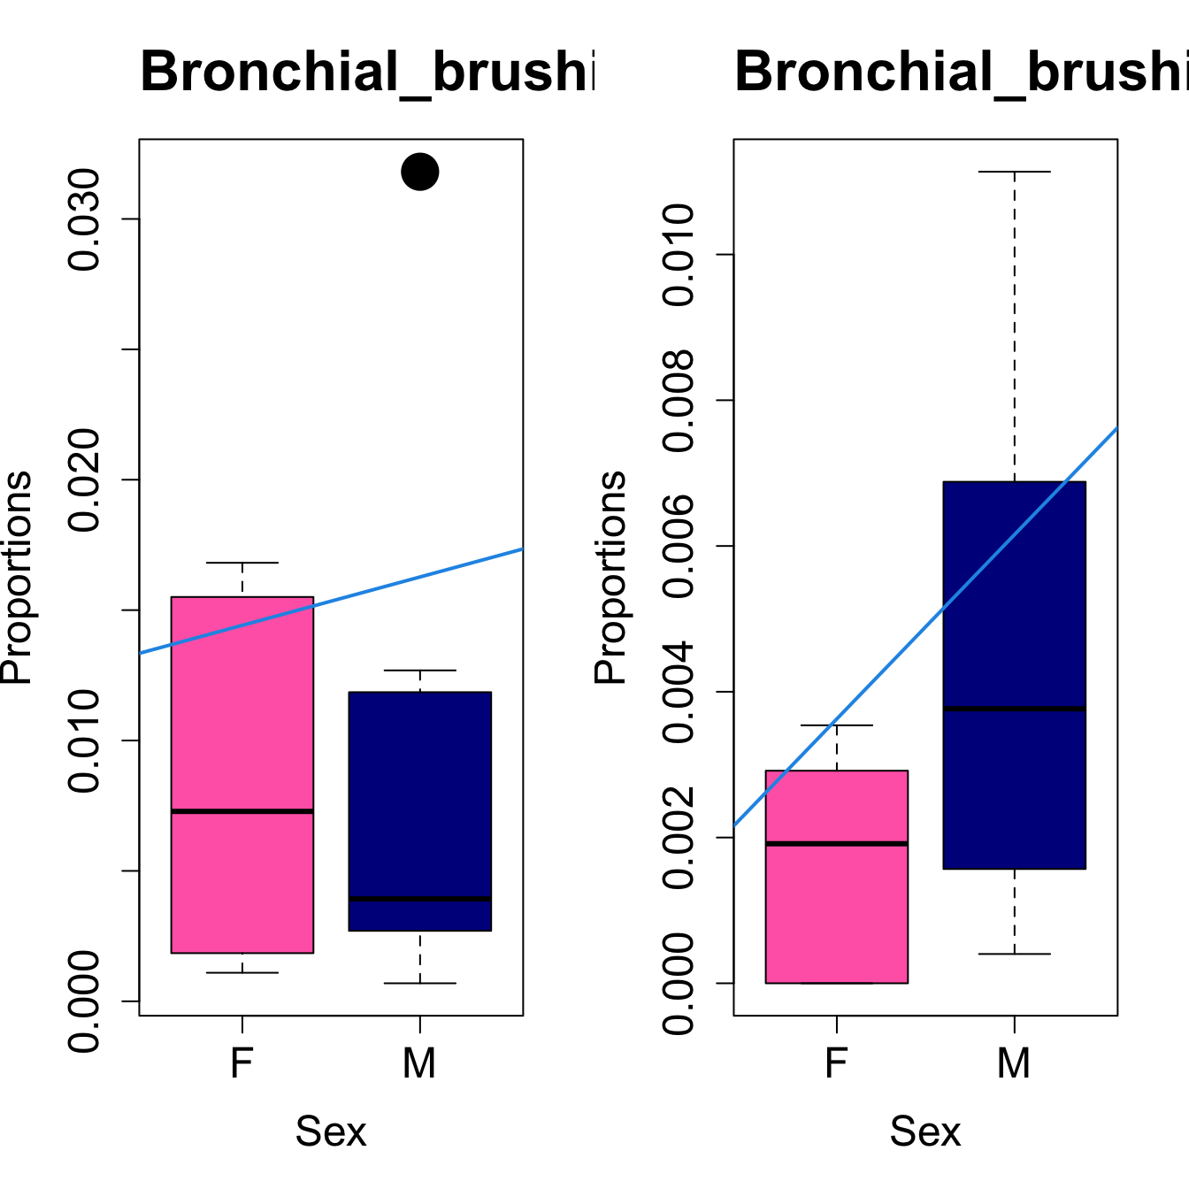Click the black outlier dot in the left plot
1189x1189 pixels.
(x=419, y=172)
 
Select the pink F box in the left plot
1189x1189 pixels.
(x=242, y=708)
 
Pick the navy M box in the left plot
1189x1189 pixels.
(x=419, y=796)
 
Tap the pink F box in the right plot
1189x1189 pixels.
(x=836, y=911)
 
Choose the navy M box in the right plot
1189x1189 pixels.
(x=1014, y=602)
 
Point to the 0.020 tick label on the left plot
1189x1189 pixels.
(x=85, y=479)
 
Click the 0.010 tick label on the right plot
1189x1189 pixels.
(x=679, y=255)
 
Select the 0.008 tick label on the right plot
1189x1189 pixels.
(x=679, y=401)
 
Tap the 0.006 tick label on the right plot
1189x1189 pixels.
(x=679, y=546)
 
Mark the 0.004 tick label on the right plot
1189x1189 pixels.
(x=679, y=692)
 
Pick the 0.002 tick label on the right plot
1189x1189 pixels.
(x=679, y=837)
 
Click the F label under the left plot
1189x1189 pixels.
(x=242, y=1062)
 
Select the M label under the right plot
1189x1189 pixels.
(x=1014, y=1062)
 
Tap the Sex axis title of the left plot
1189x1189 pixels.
(x=331, y=1131)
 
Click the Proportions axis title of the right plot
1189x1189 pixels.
(x=610, y=577)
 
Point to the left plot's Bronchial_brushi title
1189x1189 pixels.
(x=367, y=72)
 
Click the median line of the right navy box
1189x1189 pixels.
(x=1014, y=709)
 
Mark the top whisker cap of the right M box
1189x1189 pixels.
(x=1014, y=172)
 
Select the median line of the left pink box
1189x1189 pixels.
(x=242, y=810)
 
